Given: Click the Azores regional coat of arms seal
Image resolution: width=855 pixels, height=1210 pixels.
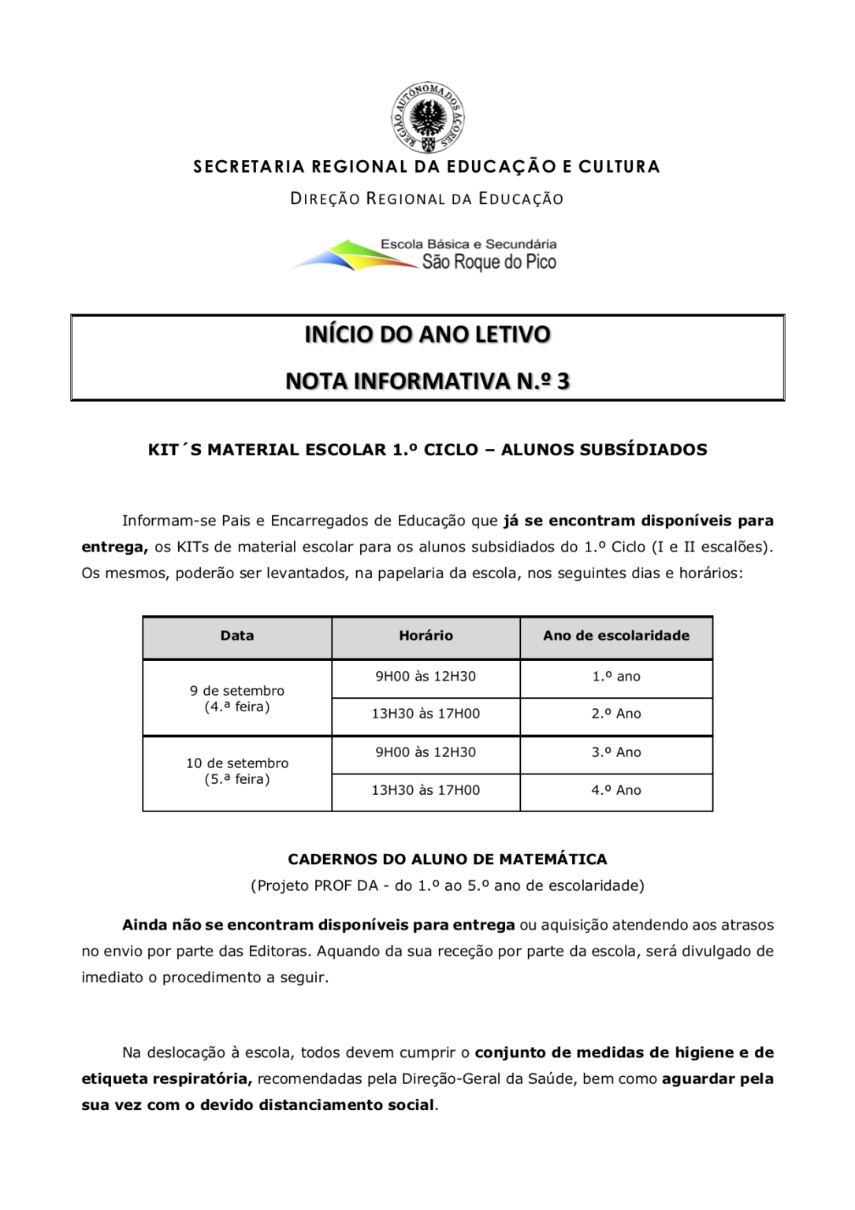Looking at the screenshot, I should tap(428, 117).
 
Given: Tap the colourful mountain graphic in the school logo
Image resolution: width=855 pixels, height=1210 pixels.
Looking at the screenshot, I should tap(355, 256).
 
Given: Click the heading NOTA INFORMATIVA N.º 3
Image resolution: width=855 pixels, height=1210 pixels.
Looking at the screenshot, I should tap(427, 381).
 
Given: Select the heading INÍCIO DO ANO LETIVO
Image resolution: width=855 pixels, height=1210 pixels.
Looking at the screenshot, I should tap(427, 334).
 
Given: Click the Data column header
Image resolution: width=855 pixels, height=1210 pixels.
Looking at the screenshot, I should tap(237, 636).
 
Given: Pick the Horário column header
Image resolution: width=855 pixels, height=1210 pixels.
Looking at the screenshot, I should tap(426, 636).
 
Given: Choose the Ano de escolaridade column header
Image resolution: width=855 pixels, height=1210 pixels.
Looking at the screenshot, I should tap(616, 636).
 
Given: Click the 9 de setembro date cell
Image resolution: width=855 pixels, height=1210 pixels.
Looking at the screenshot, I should tap(237, 699).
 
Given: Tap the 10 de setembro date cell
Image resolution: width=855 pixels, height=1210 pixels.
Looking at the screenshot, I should tap(237, 771).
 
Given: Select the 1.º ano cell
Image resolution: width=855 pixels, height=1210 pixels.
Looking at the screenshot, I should tap(616, 677).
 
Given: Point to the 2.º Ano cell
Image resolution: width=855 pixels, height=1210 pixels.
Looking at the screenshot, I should tap(616, 714).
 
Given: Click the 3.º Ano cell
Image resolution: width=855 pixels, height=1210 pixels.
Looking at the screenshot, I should tap(616, 752).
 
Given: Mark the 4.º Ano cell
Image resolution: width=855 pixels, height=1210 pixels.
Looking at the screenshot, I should tap(616, 790).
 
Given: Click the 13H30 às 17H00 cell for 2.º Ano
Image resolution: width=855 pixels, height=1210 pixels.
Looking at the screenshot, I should tap(426, 714).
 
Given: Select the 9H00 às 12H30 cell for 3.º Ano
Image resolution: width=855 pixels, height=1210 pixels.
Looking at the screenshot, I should tap(426, 752).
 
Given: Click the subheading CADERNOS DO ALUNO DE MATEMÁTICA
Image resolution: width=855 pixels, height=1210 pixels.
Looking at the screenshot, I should tap(448, 859).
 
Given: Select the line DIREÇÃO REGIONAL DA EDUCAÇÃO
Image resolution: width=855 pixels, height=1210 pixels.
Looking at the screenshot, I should tap(427, 199).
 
